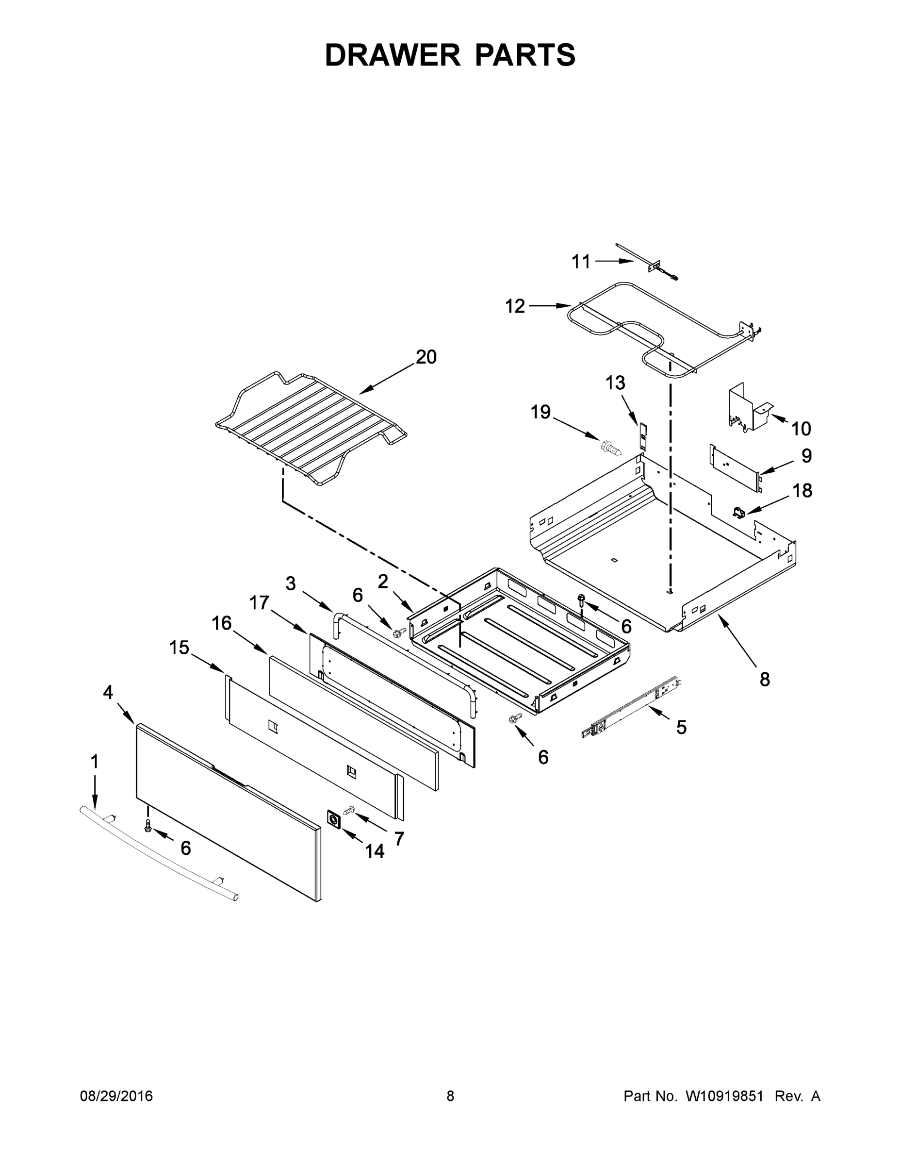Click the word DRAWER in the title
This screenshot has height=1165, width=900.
(x=392, y=55)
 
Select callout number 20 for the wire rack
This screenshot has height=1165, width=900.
(x=426, y=357)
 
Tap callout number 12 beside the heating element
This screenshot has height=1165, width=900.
(x=515, y=306)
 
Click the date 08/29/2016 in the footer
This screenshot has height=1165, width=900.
(x=116, y=1096)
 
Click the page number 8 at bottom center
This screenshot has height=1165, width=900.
(x=450, y=1096)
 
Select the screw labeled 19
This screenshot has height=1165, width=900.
(x=610, y=448)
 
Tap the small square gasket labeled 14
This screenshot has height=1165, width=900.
(x=334, y=819)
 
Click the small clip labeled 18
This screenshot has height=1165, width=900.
(x=738, y=513)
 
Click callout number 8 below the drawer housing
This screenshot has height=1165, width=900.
(x=765, y=680)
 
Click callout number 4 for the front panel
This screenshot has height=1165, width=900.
(x=108, y=692)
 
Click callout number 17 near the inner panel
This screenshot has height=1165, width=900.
(x=260, y=603)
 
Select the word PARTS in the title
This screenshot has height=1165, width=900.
(x=525, y=55)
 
